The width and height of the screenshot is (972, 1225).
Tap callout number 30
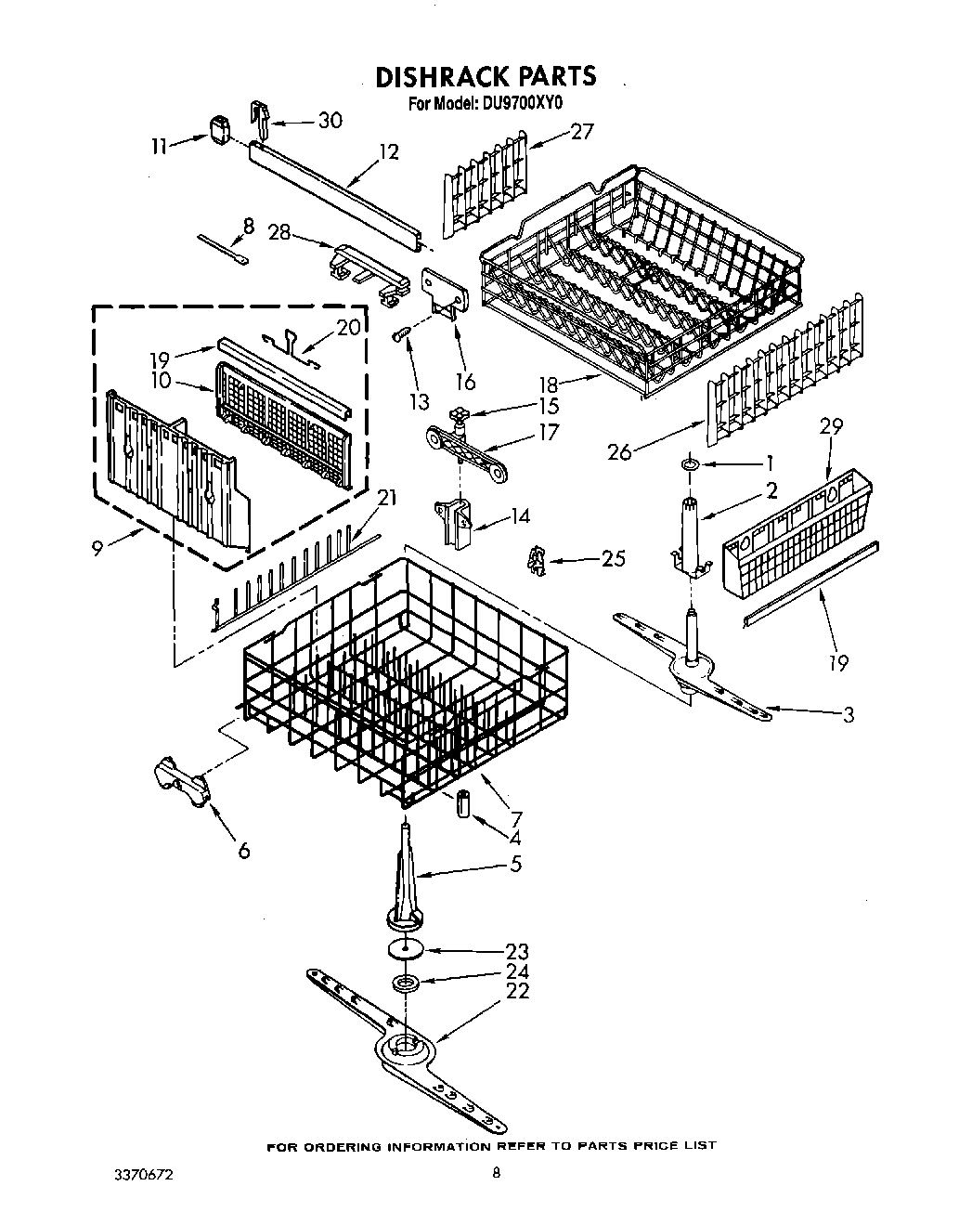tap(330, 120)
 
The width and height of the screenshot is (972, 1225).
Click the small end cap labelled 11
tap(220, 129)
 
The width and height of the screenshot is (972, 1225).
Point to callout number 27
tap(581, 131)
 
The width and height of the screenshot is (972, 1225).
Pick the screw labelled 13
tap(399, 334)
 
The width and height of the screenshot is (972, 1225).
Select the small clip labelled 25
tap(534, 558)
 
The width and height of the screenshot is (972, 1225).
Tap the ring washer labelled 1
tap(690, 463)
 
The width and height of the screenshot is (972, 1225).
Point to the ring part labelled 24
tap(405, 982)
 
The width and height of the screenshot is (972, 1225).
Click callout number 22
tap(517, 991)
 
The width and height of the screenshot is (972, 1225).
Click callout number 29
tap(831, 426)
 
